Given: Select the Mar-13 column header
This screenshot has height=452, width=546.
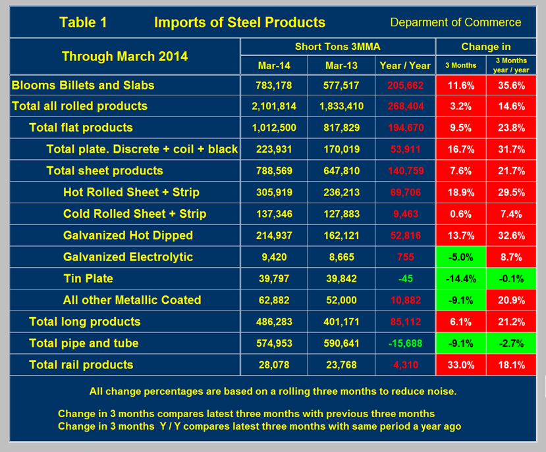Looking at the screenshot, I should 341,65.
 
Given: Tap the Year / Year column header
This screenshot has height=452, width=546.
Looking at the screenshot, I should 405,65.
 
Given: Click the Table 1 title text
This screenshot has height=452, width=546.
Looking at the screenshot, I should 83,22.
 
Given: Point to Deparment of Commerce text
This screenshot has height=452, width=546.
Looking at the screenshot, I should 456,22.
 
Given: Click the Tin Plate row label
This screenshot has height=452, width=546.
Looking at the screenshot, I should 88,278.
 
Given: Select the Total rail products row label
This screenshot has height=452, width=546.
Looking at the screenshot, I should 81,364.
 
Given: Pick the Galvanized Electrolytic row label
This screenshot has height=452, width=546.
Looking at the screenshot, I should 128,257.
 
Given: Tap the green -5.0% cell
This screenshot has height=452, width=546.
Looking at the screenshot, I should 460,257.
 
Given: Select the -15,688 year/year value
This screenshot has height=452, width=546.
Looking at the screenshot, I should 405,343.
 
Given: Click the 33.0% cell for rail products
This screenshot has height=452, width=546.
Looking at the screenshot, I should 460,364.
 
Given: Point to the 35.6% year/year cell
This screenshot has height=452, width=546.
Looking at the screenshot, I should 511,86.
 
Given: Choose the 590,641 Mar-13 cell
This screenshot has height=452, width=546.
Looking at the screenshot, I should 341,343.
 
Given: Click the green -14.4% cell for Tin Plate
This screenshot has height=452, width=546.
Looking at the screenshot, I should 460,278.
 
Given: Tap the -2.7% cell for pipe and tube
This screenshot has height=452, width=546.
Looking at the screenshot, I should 511,343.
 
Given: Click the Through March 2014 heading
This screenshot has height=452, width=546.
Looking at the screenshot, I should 124,56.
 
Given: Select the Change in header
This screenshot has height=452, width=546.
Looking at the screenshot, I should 486,47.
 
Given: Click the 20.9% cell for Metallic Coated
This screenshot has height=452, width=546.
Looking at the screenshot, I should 511,300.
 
